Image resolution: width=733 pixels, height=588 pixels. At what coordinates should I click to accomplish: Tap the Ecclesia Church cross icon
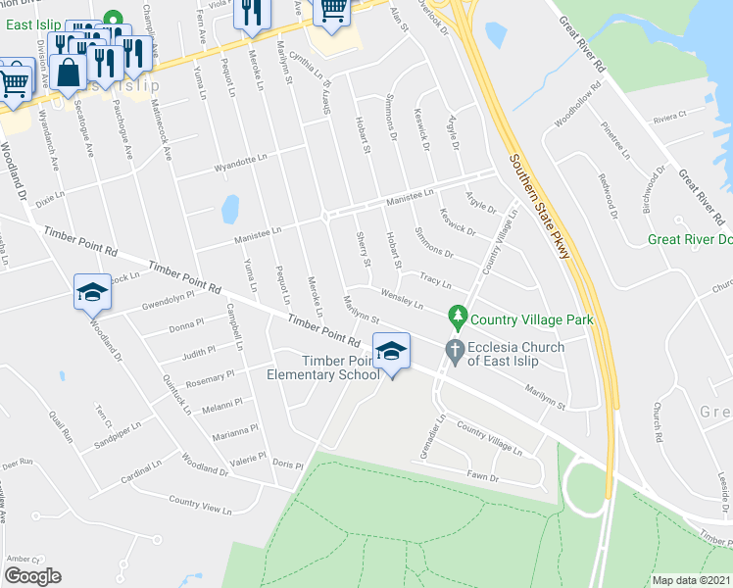click(x=454, y=349)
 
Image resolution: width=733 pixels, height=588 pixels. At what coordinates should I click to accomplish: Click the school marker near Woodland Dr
click(x=92, y=292)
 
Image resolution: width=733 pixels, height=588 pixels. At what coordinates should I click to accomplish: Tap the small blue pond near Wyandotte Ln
click(x=230, y=209)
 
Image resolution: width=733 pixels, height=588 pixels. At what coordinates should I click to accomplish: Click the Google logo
click(x=32, y=576)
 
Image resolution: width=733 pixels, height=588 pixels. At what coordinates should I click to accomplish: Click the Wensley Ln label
click(x=402, y=298)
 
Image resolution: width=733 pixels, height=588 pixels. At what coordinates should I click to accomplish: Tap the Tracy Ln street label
click(x=434, y=280)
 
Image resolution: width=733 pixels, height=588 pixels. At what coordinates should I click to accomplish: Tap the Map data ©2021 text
click(x=692, y=580)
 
